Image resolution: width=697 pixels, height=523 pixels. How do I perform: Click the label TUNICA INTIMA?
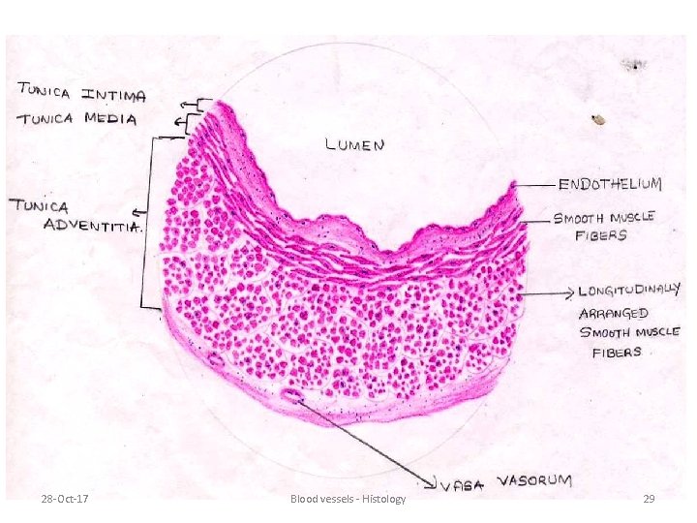[81, 94]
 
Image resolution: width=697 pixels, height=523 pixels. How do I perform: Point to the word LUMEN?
[355, 145]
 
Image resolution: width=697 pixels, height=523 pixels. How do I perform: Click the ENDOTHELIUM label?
[610, 183]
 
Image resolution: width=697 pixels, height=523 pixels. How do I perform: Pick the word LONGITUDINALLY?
[630, 290]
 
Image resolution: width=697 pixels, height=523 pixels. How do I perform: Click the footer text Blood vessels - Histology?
[348, 498]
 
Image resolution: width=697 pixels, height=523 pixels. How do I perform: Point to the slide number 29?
[649, 498]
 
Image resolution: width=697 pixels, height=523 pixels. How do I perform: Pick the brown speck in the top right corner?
[599, 120]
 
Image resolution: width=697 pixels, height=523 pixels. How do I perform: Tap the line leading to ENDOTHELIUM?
[533, 184]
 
